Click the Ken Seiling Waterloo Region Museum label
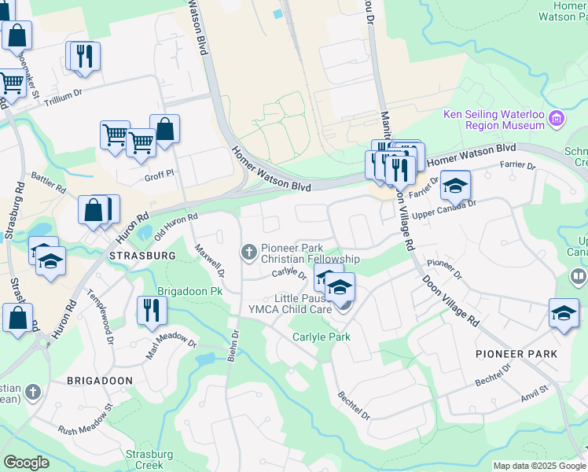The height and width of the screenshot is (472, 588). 494,120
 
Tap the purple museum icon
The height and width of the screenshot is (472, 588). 557,119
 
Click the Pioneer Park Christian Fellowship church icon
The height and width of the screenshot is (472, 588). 249,252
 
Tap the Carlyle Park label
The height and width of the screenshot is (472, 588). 321,337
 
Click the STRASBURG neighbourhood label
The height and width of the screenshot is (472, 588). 141,256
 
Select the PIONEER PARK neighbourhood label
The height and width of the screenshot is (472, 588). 516,354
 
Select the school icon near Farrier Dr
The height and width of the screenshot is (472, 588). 454,186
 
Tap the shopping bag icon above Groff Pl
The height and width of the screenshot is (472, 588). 165,128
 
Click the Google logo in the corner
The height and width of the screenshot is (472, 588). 27,463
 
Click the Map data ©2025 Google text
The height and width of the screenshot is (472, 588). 539,466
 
